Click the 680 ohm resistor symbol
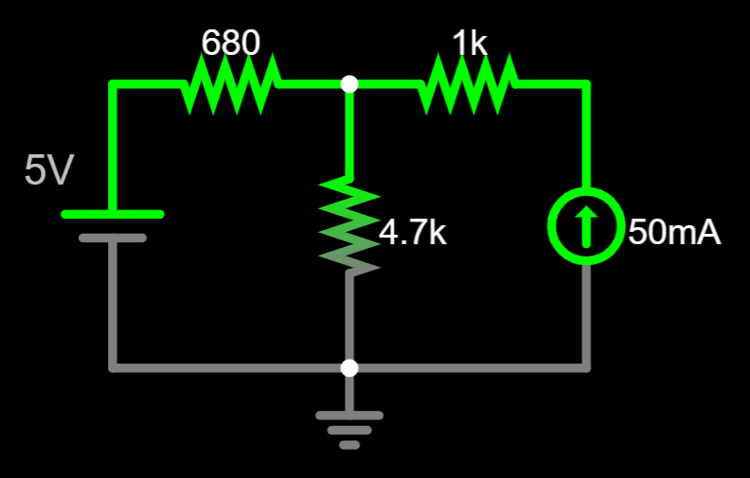[231, 84]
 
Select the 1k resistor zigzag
[468, 84]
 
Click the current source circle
[586, 227]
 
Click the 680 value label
[231, 43]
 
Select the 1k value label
[470, 43]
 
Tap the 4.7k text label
[413, 232]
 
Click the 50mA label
[674, 232]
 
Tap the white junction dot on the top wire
[349, 84]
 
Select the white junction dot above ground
[349, 367]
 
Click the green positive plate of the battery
[113, 214]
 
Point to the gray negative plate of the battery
[113, 238]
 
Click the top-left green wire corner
[113, 84]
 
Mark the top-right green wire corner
[586, 84]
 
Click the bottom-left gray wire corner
[113, 367]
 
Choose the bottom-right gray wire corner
[586, 367]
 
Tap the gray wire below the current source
[586, 312]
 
